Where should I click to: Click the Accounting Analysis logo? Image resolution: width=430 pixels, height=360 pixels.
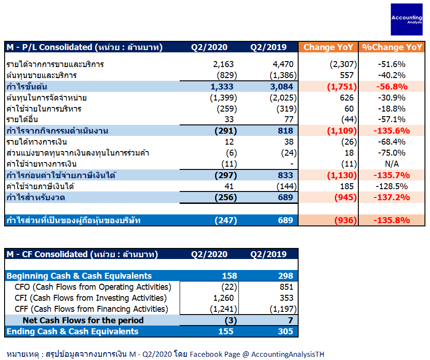pos(407,19)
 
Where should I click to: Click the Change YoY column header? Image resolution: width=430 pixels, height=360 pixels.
pos(328,47)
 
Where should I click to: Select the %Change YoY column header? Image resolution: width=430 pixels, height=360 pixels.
pos(392,47)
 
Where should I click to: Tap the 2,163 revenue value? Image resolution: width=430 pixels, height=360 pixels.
pos(223,64)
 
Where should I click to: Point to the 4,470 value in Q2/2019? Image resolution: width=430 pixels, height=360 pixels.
pos(283,64)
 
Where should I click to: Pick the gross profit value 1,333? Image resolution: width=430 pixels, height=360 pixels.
pos(222,87)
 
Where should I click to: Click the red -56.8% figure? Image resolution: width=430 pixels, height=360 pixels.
pos(392,87)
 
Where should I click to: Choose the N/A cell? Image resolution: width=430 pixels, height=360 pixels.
pos(392,164)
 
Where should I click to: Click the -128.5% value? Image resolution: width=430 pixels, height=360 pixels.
pos(391,186)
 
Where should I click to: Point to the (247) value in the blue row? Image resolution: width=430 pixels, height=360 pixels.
pos(226,220)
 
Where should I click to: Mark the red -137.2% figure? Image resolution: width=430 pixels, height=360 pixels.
pos(391,197)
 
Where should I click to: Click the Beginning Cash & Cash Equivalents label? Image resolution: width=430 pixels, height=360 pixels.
pos(79,276)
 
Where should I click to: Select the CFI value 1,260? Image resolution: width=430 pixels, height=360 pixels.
pos(224,298)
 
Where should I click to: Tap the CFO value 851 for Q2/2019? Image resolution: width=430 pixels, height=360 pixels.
pos(287,287)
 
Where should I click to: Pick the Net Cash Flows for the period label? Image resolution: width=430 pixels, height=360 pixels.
pos(83,320)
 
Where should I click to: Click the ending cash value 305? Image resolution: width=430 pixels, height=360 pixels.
pos(285,332)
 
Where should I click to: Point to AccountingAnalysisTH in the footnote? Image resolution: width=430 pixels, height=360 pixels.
pos(288,354)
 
